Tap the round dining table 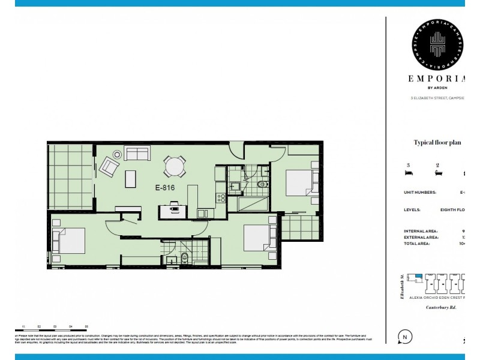pos(175,166)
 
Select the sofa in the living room pos(137,154)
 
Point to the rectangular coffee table pos(129,179)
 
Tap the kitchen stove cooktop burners pos(220,199)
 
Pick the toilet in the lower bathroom pos(185,259)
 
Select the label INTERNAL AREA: pos(421,231)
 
